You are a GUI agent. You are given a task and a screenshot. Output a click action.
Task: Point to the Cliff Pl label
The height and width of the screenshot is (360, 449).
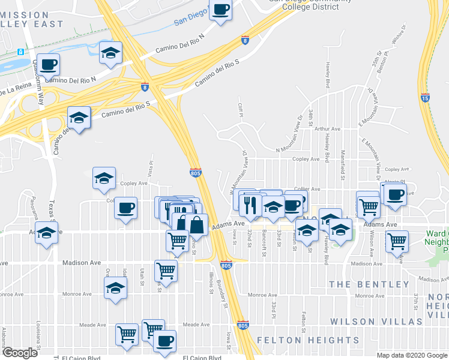(x=239, y=109)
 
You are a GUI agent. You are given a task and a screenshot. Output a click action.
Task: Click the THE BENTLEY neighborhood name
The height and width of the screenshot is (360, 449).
(x=361, y=284)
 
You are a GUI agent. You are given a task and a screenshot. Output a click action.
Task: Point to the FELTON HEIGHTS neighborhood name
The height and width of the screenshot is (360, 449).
(x=308, y=340)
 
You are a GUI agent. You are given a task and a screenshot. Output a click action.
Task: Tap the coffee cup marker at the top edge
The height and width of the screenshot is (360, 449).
(x=220, y=10)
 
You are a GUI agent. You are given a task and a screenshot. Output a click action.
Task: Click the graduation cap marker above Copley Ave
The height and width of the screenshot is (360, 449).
(x=104, y=178)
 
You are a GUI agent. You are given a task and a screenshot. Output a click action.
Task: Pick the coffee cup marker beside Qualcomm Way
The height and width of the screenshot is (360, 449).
(x=49, y=64)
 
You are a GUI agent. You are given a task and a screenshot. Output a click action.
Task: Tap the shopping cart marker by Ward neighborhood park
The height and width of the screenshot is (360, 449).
(x=397, y=241)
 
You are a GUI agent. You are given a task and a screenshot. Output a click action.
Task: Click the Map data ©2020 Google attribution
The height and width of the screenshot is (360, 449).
(x=412, y=355)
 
